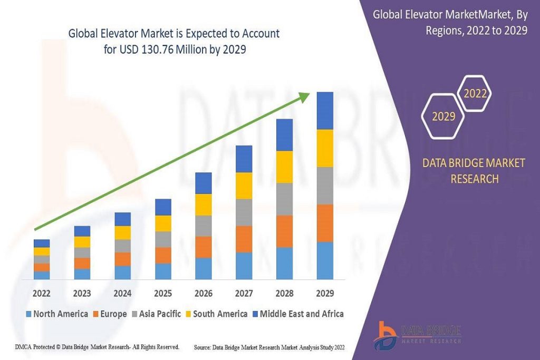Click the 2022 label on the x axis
coord(42,293)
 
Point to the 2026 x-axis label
coord(204,293)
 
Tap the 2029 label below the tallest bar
coord(325,293)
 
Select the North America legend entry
coord(56,314)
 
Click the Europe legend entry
coord(109,314)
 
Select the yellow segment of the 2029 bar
coord(325,148)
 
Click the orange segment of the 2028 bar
coord(284,231)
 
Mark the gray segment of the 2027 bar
coord(244,212)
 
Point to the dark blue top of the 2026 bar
coord(204,183)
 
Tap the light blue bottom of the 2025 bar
coord(163,271)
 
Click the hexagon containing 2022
coord(475,94)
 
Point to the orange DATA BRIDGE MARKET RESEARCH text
coord(474,171)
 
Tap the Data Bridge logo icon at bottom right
coord(386,335)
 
